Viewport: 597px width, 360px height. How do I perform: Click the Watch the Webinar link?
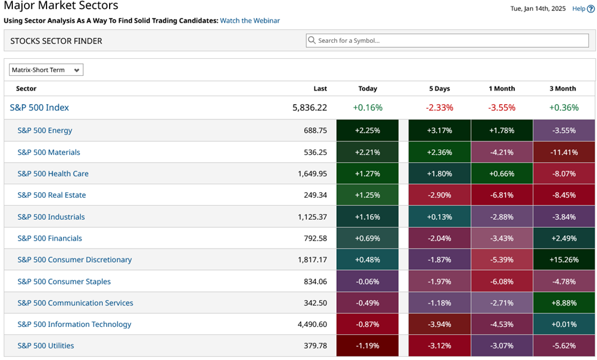coord(250,21)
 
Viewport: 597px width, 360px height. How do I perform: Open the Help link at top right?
coord(582,9)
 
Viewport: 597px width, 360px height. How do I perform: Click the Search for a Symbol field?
coord(450,41)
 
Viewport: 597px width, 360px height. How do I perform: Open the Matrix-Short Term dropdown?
coord(47,70)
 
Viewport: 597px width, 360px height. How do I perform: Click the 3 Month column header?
coord(563,89)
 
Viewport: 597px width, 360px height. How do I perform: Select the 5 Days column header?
coord(439,89)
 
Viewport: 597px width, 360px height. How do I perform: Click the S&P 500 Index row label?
coord(39,108)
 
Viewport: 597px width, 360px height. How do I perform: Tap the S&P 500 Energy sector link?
coord(45,130)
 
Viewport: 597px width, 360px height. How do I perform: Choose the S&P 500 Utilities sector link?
coord(46,346)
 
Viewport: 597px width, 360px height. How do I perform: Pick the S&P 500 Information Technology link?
coord(74,324)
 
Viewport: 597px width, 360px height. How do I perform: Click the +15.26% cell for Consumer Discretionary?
coord(563,260)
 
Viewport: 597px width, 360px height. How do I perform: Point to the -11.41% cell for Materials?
coord(563,152)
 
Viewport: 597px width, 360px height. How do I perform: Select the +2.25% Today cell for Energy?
coord(367,130)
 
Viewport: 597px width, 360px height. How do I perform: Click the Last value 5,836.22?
coord(309,108)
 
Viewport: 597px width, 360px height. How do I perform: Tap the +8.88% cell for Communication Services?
coord(563,303)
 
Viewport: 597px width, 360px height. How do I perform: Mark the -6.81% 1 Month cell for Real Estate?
coord(501,195)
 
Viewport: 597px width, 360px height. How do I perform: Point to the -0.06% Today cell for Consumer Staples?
coord(367,282)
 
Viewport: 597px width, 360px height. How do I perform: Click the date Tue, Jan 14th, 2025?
coord(538,9)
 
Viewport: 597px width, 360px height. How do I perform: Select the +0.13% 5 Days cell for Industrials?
coord(439,217)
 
